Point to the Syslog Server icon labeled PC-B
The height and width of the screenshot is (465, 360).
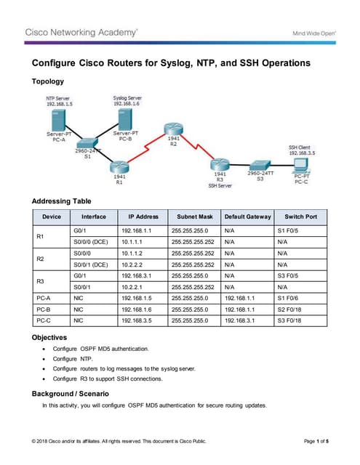(126, 120)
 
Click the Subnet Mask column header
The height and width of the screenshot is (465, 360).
(194, 217)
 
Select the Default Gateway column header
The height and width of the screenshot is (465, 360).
(247, 217)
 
